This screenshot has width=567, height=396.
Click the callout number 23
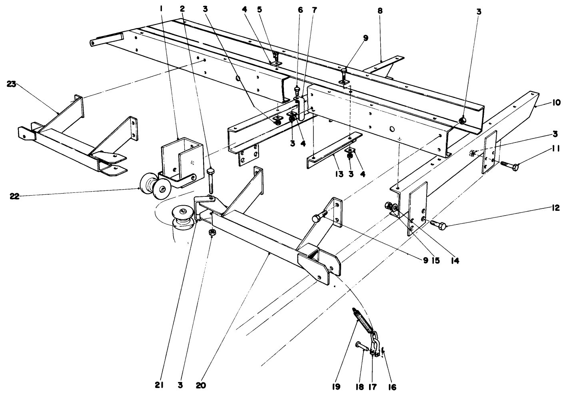coord(12,84)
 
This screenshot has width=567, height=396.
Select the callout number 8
coord(380,11)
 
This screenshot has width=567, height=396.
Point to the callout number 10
coord(556,102)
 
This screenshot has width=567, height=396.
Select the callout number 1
coord(162,8)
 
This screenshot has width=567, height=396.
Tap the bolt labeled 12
coord(439,226)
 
